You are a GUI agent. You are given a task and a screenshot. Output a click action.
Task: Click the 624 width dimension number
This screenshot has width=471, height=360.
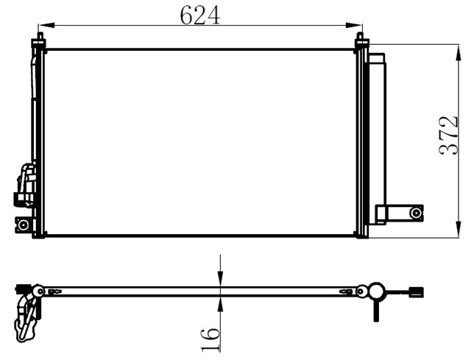coord(200,14)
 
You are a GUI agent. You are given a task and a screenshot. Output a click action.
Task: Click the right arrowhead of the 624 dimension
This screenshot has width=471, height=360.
coord(355,27)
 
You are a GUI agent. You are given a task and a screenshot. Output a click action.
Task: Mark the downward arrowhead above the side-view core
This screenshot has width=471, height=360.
coord(221,280)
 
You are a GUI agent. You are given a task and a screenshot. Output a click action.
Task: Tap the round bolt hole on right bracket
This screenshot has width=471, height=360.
coord(416,213)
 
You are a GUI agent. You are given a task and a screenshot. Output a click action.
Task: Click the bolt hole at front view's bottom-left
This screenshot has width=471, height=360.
coord(24,225)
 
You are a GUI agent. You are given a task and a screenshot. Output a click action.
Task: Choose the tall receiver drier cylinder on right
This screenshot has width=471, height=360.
coord(378,133)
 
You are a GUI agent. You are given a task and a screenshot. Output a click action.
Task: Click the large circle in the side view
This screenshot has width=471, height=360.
coord(377,292)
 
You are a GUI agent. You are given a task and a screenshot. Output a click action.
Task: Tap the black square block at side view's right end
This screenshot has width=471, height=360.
coord(418,292)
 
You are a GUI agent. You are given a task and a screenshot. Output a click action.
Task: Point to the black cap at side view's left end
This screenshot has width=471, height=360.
coord(20,288)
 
